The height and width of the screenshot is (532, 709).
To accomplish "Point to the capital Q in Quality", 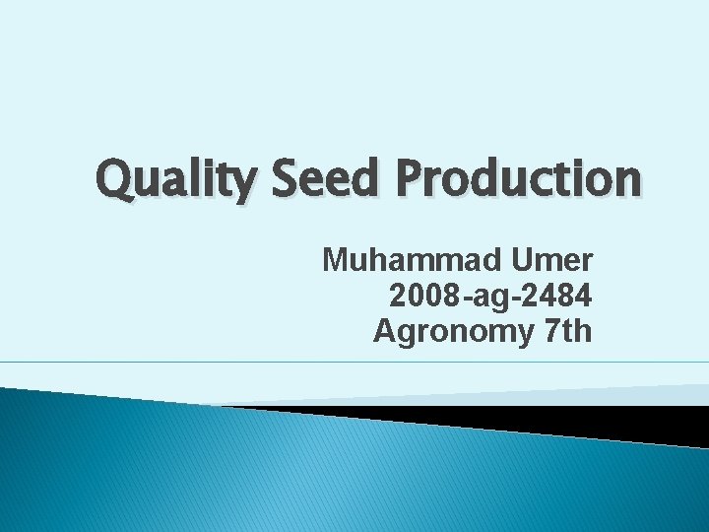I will (x=115, y=179).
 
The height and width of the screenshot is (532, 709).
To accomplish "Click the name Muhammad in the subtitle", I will (x=412, y=261).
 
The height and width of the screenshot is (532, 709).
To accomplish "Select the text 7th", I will (x=567, y=331).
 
